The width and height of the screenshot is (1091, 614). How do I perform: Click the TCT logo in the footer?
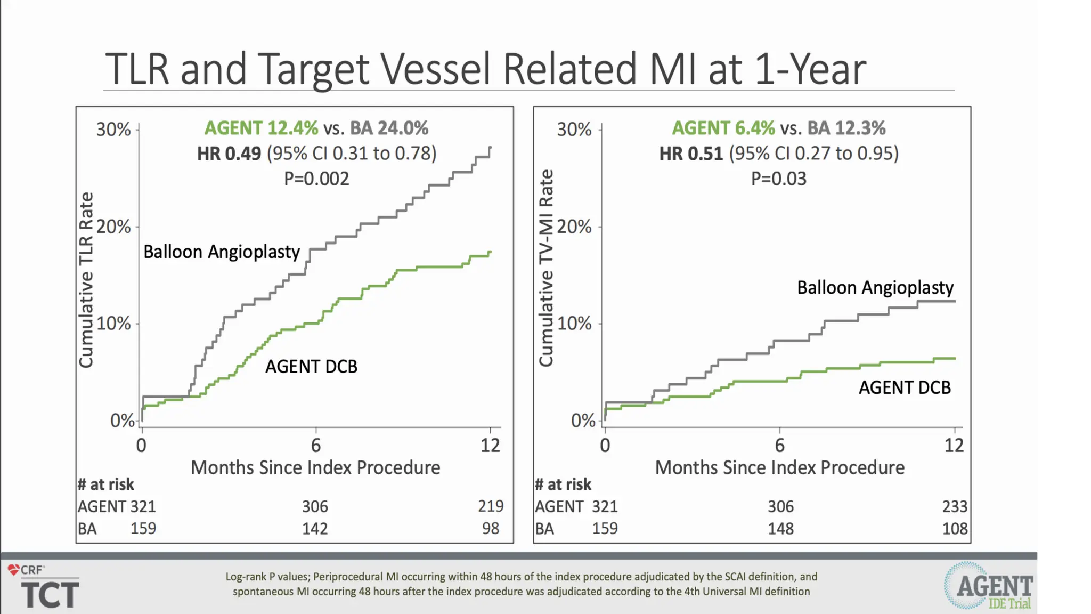(50, 594)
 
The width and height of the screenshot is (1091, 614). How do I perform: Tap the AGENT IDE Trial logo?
(990, 586)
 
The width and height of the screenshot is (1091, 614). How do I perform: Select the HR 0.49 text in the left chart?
(229, 153)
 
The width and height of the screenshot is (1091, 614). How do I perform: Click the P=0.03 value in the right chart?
(778, 179)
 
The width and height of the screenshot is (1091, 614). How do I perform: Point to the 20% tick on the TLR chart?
(113, 227)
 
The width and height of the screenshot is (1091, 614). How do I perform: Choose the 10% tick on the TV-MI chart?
(574, 324)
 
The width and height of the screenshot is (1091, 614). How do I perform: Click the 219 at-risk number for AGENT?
(491, 506)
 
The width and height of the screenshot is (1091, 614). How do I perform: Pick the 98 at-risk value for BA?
(491, 528)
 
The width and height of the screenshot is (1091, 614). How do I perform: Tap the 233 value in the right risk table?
(954, 506)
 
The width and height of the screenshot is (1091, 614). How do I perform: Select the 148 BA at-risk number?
(780, 528)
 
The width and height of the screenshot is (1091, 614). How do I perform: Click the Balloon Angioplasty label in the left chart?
(222, 252)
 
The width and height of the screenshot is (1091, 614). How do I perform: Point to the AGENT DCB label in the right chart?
(905, 387)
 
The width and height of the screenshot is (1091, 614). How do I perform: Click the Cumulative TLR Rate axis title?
(86, 280)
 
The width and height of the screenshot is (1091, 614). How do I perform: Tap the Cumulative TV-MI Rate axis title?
(546, 268)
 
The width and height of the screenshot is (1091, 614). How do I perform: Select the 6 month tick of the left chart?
(316, 445)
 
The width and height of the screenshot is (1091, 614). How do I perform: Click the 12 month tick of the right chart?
(954, 445)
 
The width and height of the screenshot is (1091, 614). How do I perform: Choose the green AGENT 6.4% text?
(723, 128)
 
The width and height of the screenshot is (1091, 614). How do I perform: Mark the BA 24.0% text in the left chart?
(389, 128)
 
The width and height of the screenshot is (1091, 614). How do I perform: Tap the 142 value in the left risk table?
(315, 528)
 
